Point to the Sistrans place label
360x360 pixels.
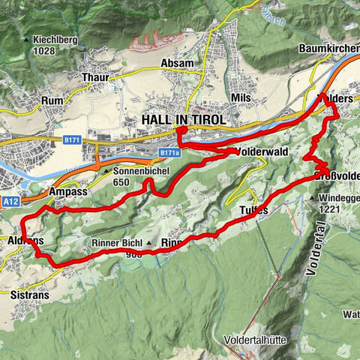click(x=30, y=295)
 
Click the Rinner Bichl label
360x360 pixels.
click(x=116, y=243)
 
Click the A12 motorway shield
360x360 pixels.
click(x=10, y=201)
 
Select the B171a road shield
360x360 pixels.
click(x=169, y=153)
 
